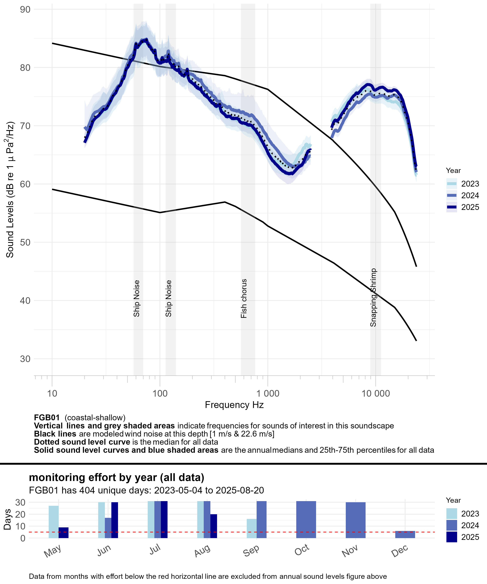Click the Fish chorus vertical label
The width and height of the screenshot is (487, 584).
(x=244, y=298)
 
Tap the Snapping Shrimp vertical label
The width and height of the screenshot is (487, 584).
(x=373, y=297)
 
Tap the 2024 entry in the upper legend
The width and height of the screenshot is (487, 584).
(x=470, y=195)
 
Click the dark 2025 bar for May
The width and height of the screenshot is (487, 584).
(x=63, y=533)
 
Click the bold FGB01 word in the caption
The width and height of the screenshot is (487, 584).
(x=47, y=418)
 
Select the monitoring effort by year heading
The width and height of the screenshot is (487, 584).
(x=117, y=477)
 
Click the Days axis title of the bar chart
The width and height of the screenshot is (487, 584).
(x=7, y=519)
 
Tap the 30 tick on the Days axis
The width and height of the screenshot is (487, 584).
(x=20, y=502)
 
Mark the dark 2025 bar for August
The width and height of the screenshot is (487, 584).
(x=213, y=526)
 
